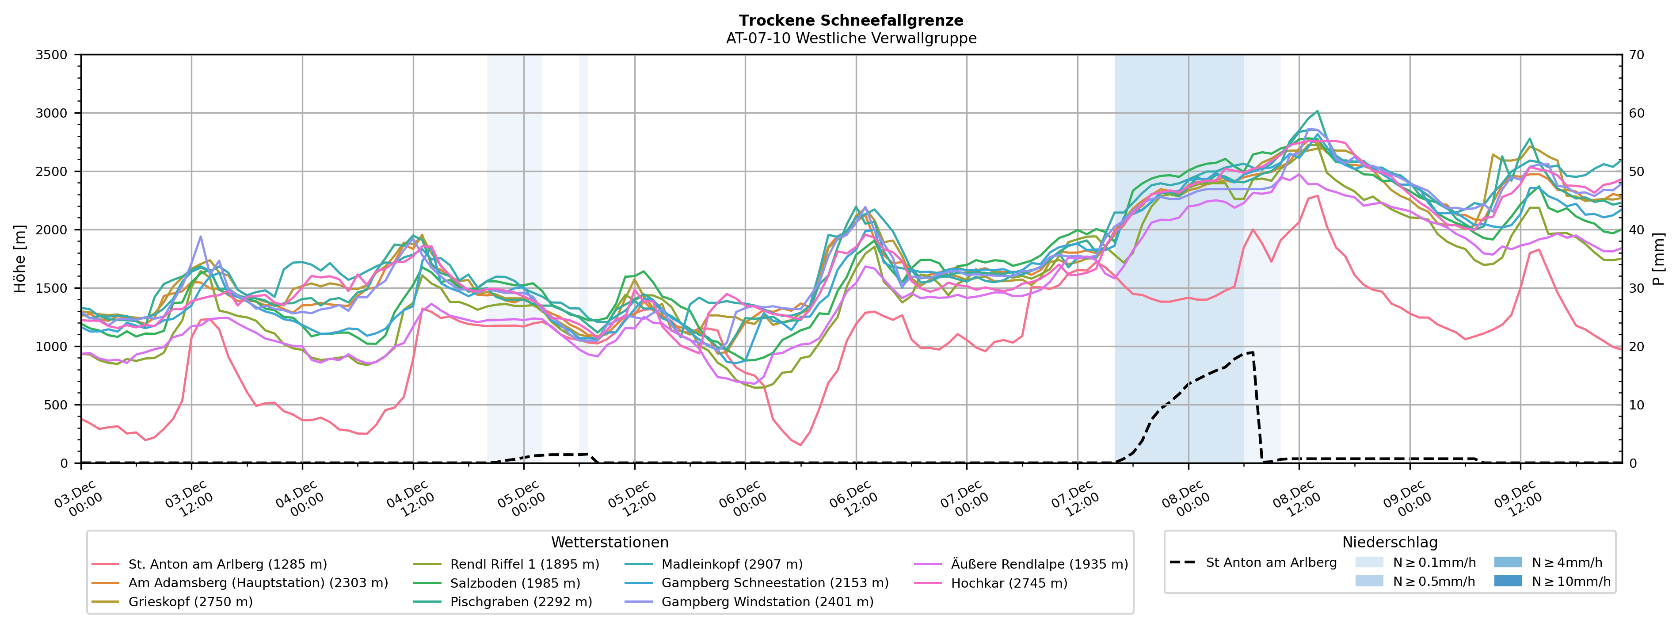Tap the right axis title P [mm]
[1658, 259]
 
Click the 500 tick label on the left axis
[55, 405]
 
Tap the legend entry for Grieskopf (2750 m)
[190, 601]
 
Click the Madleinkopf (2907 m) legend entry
[732, 564]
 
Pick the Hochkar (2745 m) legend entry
[1009, 583]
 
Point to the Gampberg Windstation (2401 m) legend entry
[767, 601]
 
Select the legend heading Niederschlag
[1389, 542]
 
